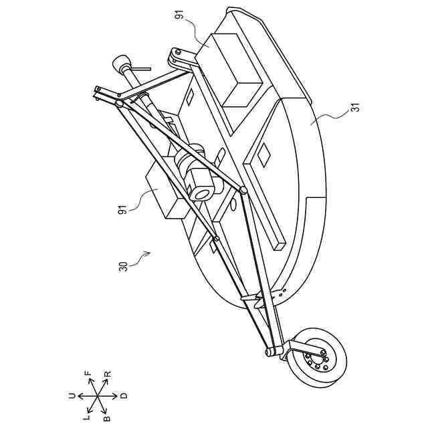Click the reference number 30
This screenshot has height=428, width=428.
tap(123, 265)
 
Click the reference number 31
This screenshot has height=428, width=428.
tap(354, 107)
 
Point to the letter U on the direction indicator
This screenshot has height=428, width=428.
tap(72, 396)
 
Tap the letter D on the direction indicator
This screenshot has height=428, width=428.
tap(124, 396)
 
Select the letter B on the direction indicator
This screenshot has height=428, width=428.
tap(106, 419)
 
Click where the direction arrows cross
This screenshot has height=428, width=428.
tap(97, 396)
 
